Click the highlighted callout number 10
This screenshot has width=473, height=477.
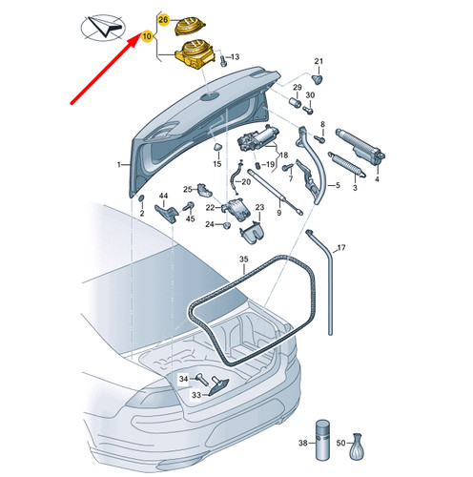(147, 36)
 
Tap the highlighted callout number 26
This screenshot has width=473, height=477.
(162, 20)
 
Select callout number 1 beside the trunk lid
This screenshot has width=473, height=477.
(120, 164)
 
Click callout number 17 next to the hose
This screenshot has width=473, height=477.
(341, 248)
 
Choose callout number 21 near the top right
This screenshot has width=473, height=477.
(319, 60)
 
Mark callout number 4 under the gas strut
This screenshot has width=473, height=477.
(376, 178)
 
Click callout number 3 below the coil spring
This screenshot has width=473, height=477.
(354, 189)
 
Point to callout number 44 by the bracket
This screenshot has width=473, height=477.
(163, 196)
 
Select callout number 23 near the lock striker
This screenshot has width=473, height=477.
(258, 219)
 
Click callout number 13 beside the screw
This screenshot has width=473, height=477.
(236, 58)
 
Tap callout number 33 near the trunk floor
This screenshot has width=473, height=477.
(196, 394)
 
